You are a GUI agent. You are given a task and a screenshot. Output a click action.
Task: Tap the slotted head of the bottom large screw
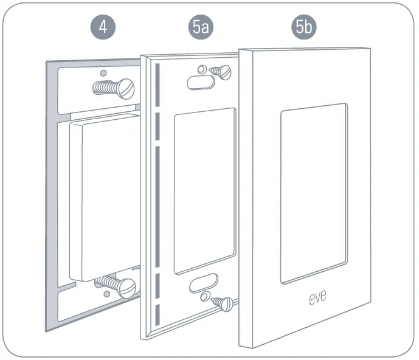[x=128, y=286]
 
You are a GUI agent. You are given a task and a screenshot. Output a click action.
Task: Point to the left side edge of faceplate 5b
[x=245, y=201]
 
